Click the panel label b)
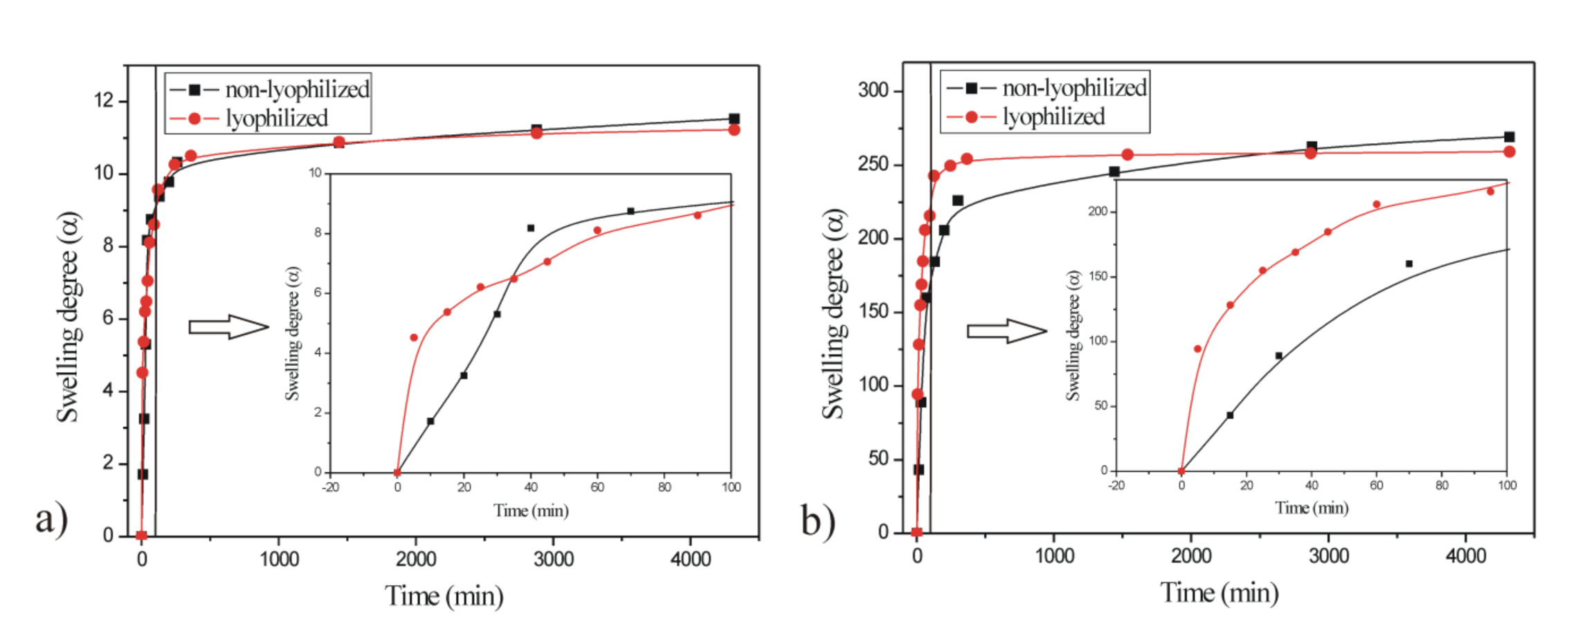(x=817, y=520)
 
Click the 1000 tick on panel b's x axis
(x=1054, y=556)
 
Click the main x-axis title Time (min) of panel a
(x=444, y=596)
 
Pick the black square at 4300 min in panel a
(x=734, y=119)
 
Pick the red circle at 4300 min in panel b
(x=1510, y=152)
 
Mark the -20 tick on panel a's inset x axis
(x=331, y=487)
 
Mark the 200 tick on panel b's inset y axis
(x=1098, y=212)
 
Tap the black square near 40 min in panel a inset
(x=531, y=228)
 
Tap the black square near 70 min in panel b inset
(x=1409, y=264)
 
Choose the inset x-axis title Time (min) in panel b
(x=1312, y=508)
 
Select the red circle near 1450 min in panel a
(x=339, y=143)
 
